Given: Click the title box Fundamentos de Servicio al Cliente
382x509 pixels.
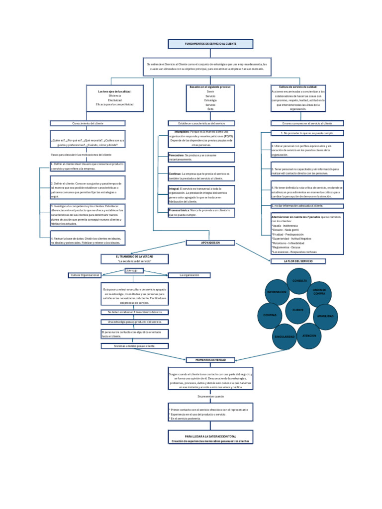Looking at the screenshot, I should (x=210, y=44).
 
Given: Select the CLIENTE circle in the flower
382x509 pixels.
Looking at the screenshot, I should (x=297, y=310).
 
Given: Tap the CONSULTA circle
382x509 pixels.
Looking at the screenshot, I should (x=299, y=281).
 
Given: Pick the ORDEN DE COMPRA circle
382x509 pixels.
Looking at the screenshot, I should (x=319, y=292).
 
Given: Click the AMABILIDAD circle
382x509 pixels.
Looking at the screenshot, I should (x=325, y=316).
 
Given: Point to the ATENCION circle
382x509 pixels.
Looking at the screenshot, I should (x=309, y=336).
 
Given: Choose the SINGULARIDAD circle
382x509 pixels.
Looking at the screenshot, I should (x=285, y=337).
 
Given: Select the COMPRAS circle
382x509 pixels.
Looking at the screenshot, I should (x=270, y=315).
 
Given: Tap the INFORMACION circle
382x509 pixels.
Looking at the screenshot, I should (x=277, y=292).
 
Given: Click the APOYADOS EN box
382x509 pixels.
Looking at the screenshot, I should (x=210, y=243).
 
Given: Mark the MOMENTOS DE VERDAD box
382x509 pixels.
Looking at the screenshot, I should (x=210, y=360).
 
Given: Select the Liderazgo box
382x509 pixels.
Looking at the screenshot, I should (x=134, y=270).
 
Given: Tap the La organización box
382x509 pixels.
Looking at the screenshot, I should (x=189, y=275).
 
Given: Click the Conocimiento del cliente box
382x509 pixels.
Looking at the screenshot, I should (x=88, y=123).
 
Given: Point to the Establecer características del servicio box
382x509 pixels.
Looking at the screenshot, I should (x=201, y=123).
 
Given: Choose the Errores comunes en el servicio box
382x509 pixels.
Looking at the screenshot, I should (x=307, y=123).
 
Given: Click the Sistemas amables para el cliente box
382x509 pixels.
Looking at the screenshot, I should (x=134, y=345).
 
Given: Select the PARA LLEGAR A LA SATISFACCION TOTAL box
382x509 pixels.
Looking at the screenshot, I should (x=210, y=437).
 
